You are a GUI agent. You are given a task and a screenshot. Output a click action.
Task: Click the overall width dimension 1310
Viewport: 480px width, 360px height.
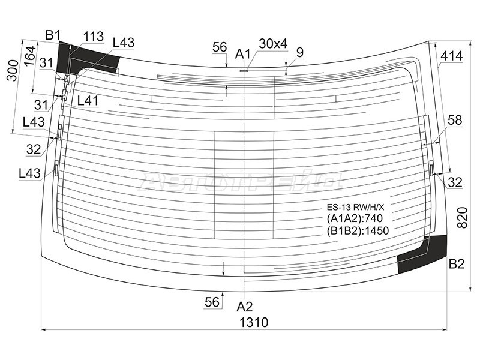point(254,322)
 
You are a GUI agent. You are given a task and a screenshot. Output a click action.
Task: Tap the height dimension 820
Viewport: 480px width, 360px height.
point(462,218)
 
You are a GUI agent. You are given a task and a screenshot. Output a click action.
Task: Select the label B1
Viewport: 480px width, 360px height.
point(53,35)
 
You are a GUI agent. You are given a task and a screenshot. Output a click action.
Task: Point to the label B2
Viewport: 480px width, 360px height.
point(457,264)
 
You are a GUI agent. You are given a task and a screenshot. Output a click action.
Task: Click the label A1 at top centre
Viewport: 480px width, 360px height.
point(243,54)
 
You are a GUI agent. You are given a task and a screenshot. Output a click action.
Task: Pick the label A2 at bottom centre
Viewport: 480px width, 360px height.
point(245,307)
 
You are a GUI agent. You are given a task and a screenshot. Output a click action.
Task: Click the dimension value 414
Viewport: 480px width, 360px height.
point(452,56)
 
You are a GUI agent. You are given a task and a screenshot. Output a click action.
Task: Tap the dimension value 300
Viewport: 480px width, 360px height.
point(13,70)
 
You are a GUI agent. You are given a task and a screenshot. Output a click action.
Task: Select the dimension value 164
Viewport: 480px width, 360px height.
point(30,56)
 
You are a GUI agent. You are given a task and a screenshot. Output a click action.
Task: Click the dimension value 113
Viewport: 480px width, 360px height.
point(94,37)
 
